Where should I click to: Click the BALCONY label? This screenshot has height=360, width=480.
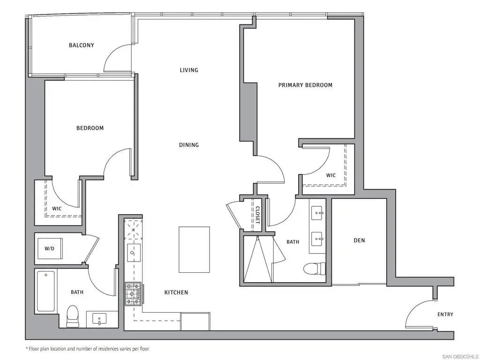pyautogui.click(x=82, y=45)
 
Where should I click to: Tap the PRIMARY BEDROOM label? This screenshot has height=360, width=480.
pyautogui.click(x=305, y=85)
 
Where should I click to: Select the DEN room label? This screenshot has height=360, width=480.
pyautogui.click(x=360, y=240)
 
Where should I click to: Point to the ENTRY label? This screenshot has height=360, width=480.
pyautogui.click(x=445, y=315)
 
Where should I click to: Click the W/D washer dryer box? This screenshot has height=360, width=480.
pyautogui.click(x=50, y=248)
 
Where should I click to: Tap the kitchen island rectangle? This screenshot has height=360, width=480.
pyautogui.click(x=195, y=249)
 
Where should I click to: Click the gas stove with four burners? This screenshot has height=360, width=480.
pyautogui.click(x=133, y=294)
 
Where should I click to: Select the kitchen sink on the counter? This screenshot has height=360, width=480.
pyautogui.click(x=134, y=253)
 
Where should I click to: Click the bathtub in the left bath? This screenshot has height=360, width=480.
pyautogui.click(x=46, y=291)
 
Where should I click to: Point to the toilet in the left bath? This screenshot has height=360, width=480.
pyautogui.click(x=73, y=316)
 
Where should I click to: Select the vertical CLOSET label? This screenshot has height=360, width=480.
pyautogui.click(x=258, y=215)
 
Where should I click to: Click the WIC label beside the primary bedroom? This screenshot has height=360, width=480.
pyautogui.click(x=331, y=175)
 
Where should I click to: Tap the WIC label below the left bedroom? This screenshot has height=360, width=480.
pyautogui.click(x=57, y=209)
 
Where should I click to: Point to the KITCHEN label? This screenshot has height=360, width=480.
pyautogui.click(x=176, y=292)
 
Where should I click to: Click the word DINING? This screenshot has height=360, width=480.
pyautogui.click(x=189, y=145)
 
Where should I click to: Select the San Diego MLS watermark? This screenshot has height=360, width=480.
pyautogui.click(x=460, y=357)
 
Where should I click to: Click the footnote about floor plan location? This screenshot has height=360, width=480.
pyautogui.click(x=88, y=349)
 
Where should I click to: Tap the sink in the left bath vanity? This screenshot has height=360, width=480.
pyautogui.click(x=99, y=319)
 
